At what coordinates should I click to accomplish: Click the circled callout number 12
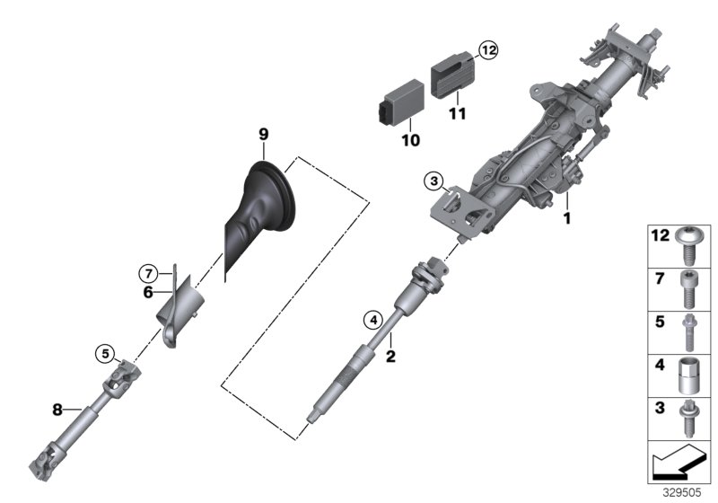click(x=487, y=50)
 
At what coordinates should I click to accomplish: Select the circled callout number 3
click(x=433, y=181)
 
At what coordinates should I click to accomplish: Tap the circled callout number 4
click(x=372, y=318)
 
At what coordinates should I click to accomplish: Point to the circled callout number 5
click(x=105, y=352)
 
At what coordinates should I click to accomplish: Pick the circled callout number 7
click(x=149, y=272)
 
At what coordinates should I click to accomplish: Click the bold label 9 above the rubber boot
click(x=263, y=134)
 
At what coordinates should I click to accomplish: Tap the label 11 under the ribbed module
click(x=459, y=114)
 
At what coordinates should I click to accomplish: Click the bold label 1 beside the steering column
click(x=566, y=216)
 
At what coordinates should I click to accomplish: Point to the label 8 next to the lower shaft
click(x=57, y=409)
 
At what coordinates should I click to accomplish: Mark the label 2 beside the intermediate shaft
click(x=390, y=356)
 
